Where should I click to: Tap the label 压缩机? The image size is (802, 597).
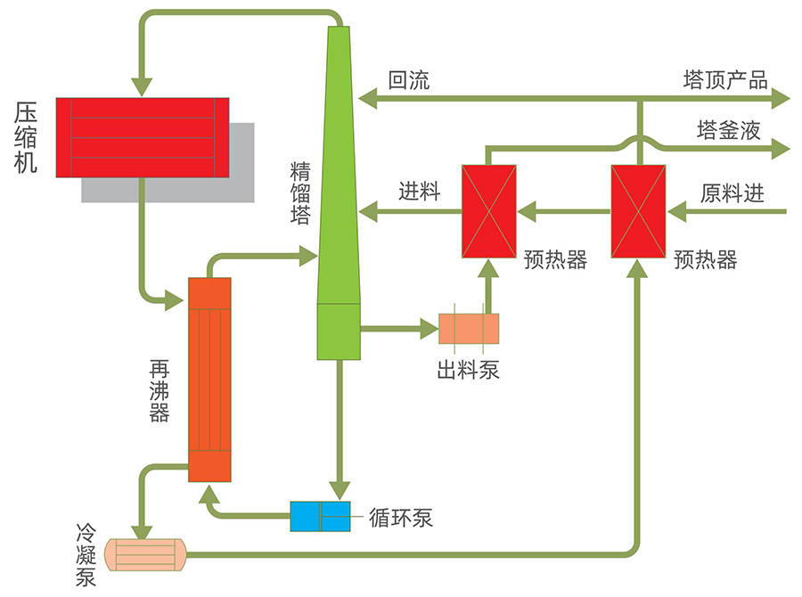point(26,137)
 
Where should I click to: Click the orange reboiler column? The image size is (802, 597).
point(210,380)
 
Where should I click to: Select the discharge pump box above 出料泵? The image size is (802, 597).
point(469,328)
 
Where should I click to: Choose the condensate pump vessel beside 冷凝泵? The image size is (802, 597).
point(145,554)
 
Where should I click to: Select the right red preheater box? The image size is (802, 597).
point(638,211)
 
